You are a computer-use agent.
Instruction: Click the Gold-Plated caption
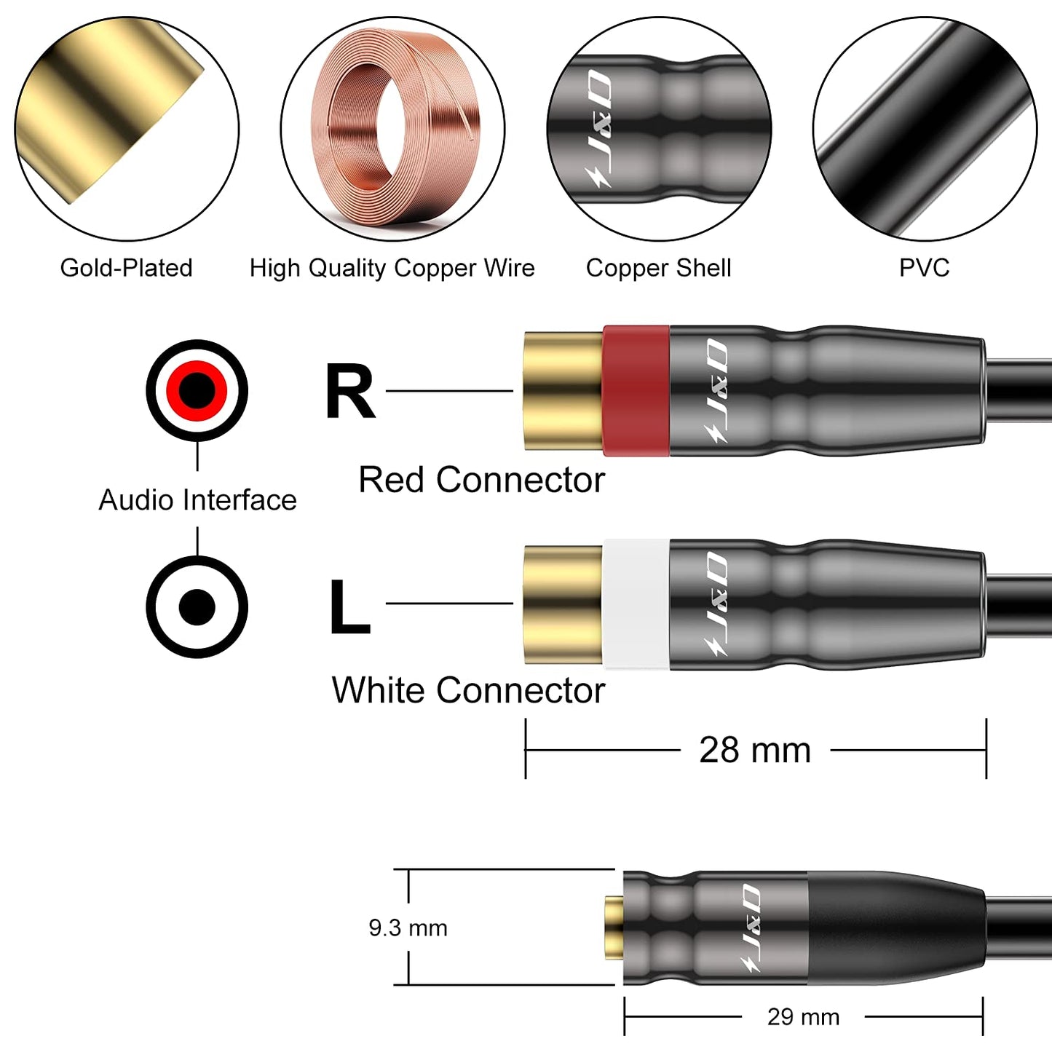pos(126,268)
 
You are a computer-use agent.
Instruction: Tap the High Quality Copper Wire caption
pos(392,268)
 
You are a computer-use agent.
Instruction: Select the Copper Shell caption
pos(658,268)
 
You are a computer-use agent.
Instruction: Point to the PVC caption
pos(924,268)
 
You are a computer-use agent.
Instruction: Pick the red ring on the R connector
pos(636,390)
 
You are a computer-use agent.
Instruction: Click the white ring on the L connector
pos(636,604)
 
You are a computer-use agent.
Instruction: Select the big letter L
pos(349,606)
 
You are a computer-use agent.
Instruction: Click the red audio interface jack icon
pos(197,390)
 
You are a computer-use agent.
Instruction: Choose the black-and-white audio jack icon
pos(197,606)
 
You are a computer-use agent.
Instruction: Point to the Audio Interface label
pos(197,500)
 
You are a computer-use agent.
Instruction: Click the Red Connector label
pos(481,480)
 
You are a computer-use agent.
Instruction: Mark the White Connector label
pos(468,690)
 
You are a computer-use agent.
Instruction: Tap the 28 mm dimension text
pos(755,750)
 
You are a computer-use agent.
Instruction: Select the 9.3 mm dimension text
pos(408,928)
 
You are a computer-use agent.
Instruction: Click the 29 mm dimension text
pos(803,1017)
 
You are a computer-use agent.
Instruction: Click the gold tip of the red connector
pos(563,391)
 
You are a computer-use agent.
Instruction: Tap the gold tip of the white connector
pos(563,604)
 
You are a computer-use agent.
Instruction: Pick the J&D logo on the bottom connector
pos(750,928)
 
